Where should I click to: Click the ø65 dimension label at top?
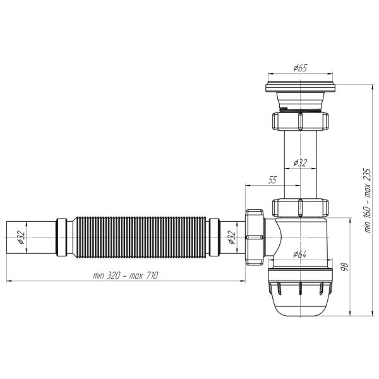tap(300, 68)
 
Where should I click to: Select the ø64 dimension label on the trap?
tap(299, 254)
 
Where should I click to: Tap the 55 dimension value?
tap(272, 180)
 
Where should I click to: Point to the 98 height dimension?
tap(345, 267)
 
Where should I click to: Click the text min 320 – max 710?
tap(126, 275)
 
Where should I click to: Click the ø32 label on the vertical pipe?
tap(300, 163)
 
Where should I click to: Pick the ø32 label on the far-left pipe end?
tap(21, 238)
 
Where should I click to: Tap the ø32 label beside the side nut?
tap(232, 238)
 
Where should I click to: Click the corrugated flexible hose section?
tap(140, 238)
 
